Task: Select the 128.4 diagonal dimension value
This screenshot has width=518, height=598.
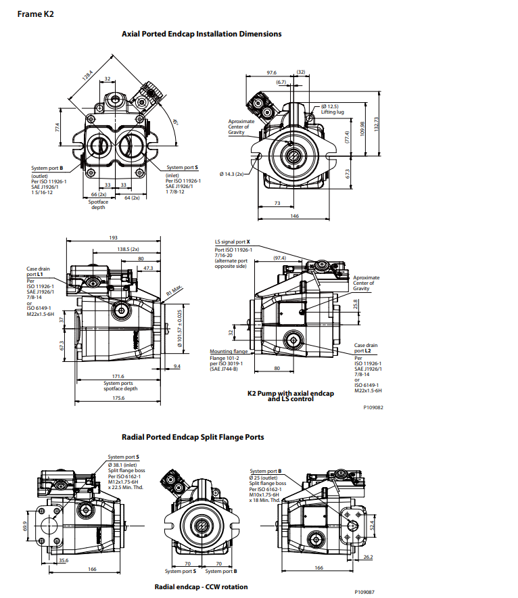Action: pyautogui.click(x=88, y=76)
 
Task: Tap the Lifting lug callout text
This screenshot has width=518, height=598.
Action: pyautogui.click(x=333, y=112)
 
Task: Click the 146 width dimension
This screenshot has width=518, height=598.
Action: pyautogui.click(x=295, y=216)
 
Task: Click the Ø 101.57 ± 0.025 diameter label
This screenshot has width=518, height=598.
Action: pyautogui.click(x=180, y=327)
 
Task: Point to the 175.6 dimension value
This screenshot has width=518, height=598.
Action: pyautogui.click(x=118, y=398)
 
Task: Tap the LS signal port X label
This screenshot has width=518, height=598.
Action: pyautogui.click(x=232, y=241)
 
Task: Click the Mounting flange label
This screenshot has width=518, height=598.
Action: pyautogui.click(x=229, y=352)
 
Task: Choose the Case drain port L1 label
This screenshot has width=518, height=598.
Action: pyautogui.click(x=36, y=272)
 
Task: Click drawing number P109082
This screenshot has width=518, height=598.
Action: pyautogui.click(x=373, y=408)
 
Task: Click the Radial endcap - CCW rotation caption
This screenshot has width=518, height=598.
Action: pyautogui.click(x=201, y=586)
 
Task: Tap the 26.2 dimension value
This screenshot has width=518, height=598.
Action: pyautogui.click(x=369, y=556)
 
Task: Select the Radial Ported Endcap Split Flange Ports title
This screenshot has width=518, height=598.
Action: pyautogui.click(x=192, y=437)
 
